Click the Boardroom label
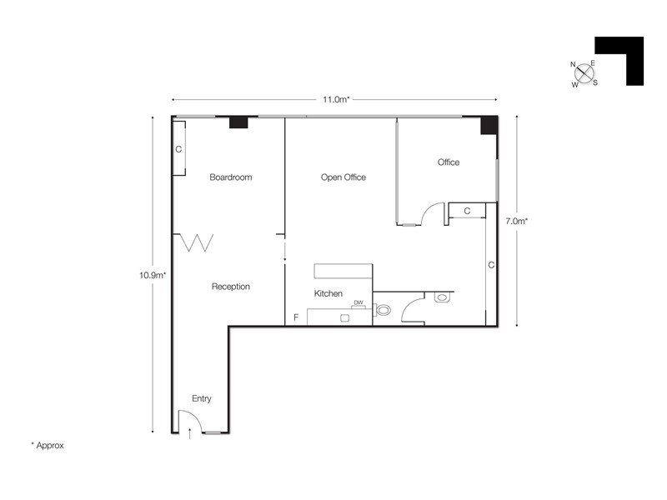pos(231,177)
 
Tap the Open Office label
pos(344,177)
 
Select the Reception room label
pos(231,287)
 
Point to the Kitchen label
pos(328,293)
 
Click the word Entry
pos(201,398)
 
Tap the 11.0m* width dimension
pos(336,99)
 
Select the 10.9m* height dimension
pos(153,275)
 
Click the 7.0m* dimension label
pos(516,221)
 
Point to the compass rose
pos(584,74)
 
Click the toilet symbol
pos(382,310)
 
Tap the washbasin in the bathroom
pos(442,297)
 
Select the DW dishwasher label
pos(359,302)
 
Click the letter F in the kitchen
pos(296,317)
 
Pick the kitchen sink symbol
pos(344,318)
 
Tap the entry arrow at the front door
pos(190,433)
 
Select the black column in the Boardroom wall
pos(238,122)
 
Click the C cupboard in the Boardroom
pos(178,148)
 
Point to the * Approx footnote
pos(48,446)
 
